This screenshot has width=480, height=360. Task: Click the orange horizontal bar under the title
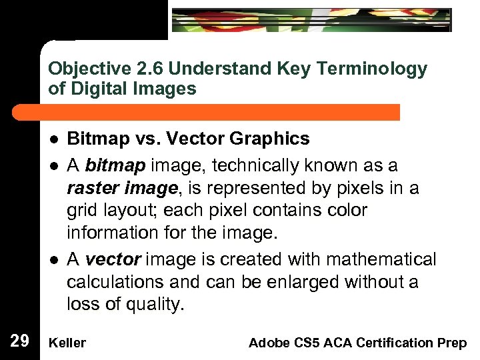pos(220,112)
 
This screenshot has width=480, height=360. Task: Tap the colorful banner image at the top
pos(311,20)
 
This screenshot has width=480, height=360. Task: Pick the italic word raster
pos(89,189)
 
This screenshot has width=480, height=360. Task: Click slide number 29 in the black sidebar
pos(19,342)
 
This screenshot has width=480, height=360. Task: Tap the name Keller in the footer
pos(67,343)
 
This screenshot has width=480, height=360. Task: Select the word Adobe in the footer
pos(266,343)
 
